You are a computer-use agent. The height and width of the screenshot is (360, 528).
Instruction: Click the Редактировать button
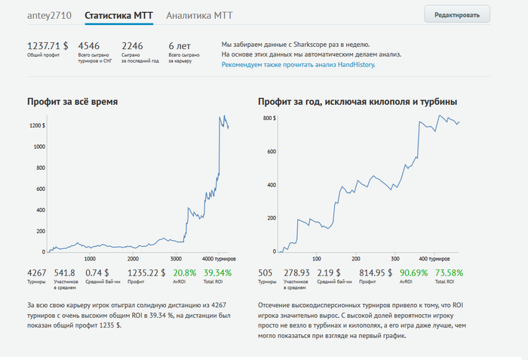(457, 14)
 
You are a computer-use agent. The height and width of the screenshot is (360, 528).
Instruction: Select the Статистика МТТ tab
(118, 15)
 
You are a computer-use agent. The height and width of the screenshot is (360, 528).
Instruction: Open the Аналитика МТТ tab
(199, 15)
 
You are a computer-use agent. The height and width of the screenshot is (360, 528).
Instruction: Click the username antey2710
(50, 15)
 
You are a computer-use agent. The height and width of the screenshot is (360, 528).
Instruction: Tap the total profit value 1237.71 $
(48, 45)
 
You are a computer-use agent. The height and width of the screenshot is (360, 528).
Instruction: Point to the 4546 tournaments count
(89, 45)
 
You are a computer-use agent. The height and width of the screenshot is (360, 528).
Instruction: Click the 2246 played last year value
(132, 45)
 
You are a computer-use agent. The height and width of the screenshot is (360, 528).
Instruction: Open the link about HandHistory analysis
(298, 65)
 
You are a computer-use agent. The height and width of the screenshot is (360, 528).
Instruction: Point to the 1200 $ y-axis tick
(36, 125)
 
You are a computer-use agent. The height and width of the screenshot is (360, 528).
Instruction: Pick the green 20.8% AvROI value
(184, 272)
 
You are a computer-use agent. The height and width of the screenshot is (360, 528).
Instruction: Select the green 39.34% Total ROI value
(218, 272)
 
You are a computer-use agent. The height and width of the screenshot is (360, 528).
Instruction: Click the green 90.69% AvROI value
(414, 272)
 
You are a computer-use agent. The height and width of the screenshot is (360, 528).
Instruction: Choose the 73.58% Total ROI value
(449, 272)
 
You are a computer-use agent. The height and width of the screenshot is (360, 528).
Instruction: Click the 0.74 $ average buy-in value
(97, 272)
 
